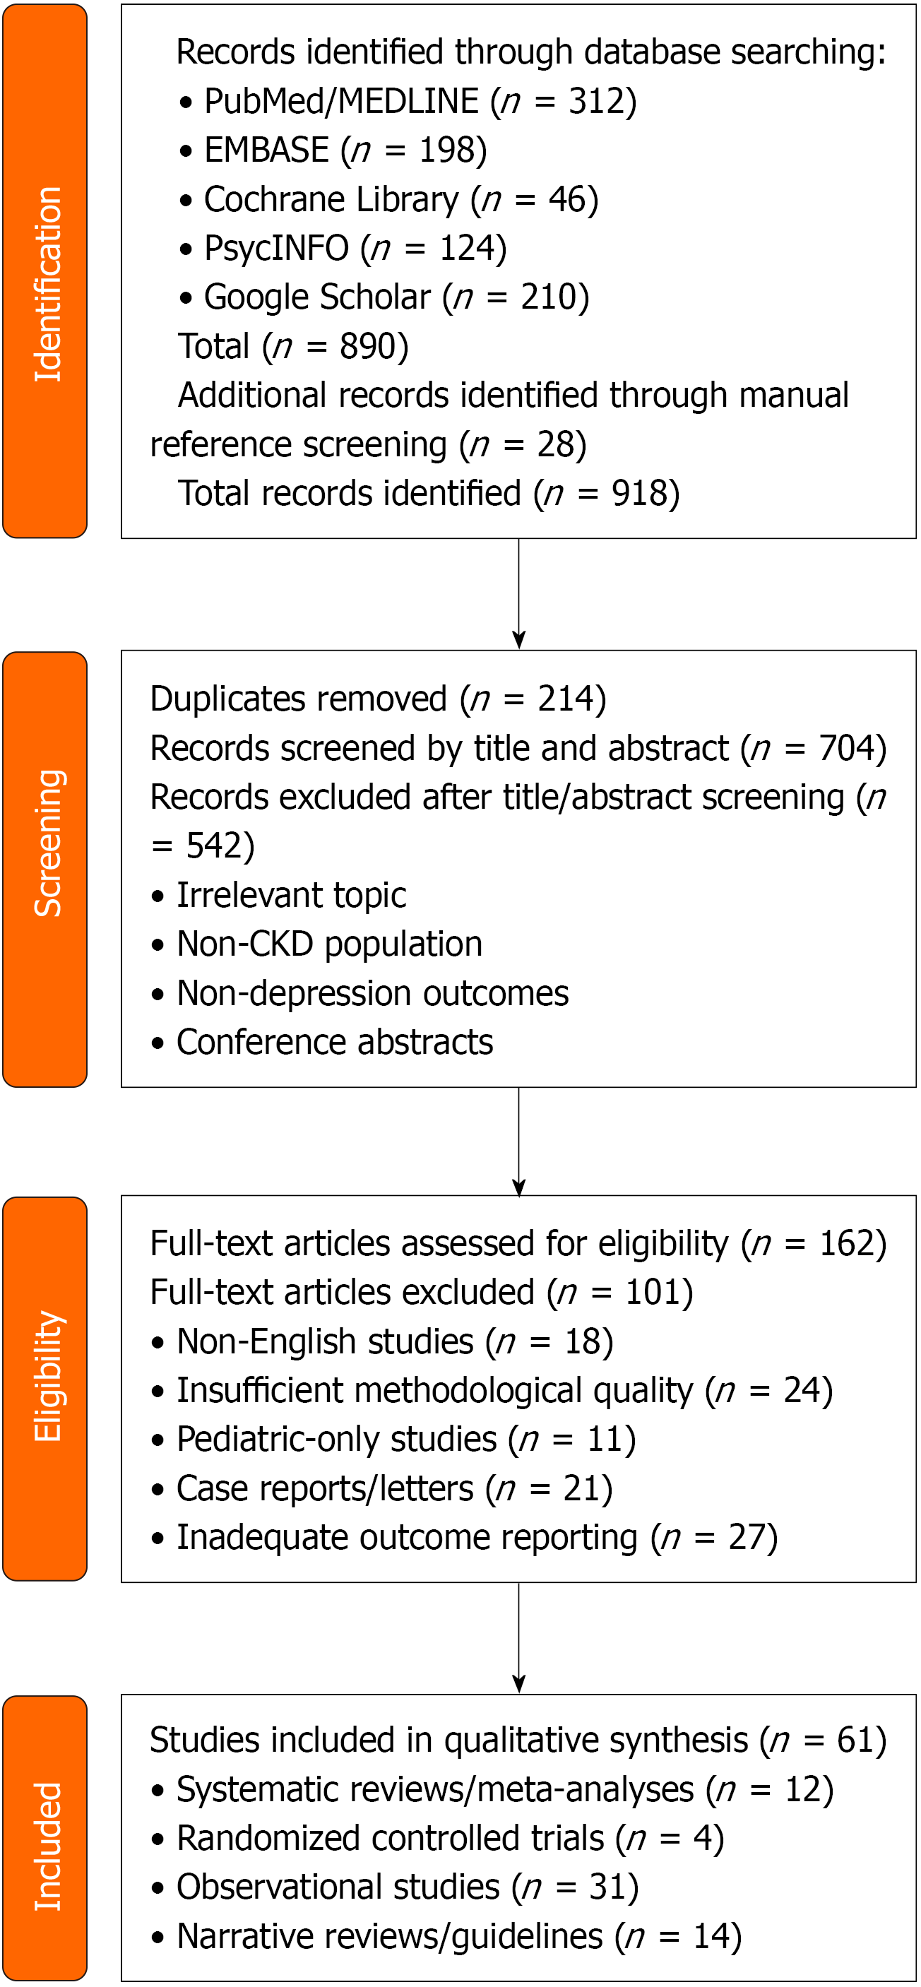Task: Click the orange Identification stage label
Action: click(44, 271)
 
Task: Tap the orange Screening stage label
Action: click(44, 870)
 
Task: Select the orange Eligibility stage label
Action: click(44, 1389)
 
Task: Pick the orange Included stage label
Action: click(44, 1838)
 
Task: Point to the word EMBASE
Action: click(267, 150)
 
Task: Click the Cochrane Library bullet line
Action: click(388, 199)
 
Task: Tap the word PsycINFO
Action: click(276, 249)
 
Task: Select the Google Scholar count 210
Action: click(547, 297)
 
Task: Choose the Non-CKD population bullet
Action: click(317, 944)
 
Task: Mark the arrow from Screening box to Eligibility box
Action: click(519, 1142)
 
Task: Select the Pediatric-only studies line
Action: click(393, 1440)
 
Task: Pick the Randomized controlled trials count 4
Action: click(702, 1838)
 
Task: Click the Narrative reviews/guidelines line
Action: click(446, 1936)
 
